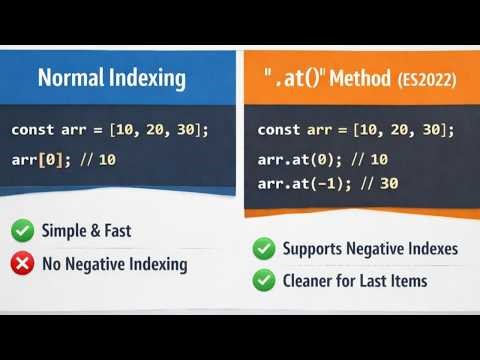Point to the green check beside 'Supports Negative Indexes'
pyautogui.click(x=264, y=247)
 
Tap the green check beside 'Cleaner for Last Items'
pyautogui.click(x=264, y=281)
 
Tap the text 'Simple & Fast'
pyautogui.click(x=86, y=232)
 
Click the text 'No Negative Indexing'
pyautogui.click(x=114, y=264)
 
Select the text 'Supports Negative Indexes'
pyautogui.click(x=368, y=247)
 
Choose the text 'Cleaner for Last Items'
pyautogui.click(x=355, y=281)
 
